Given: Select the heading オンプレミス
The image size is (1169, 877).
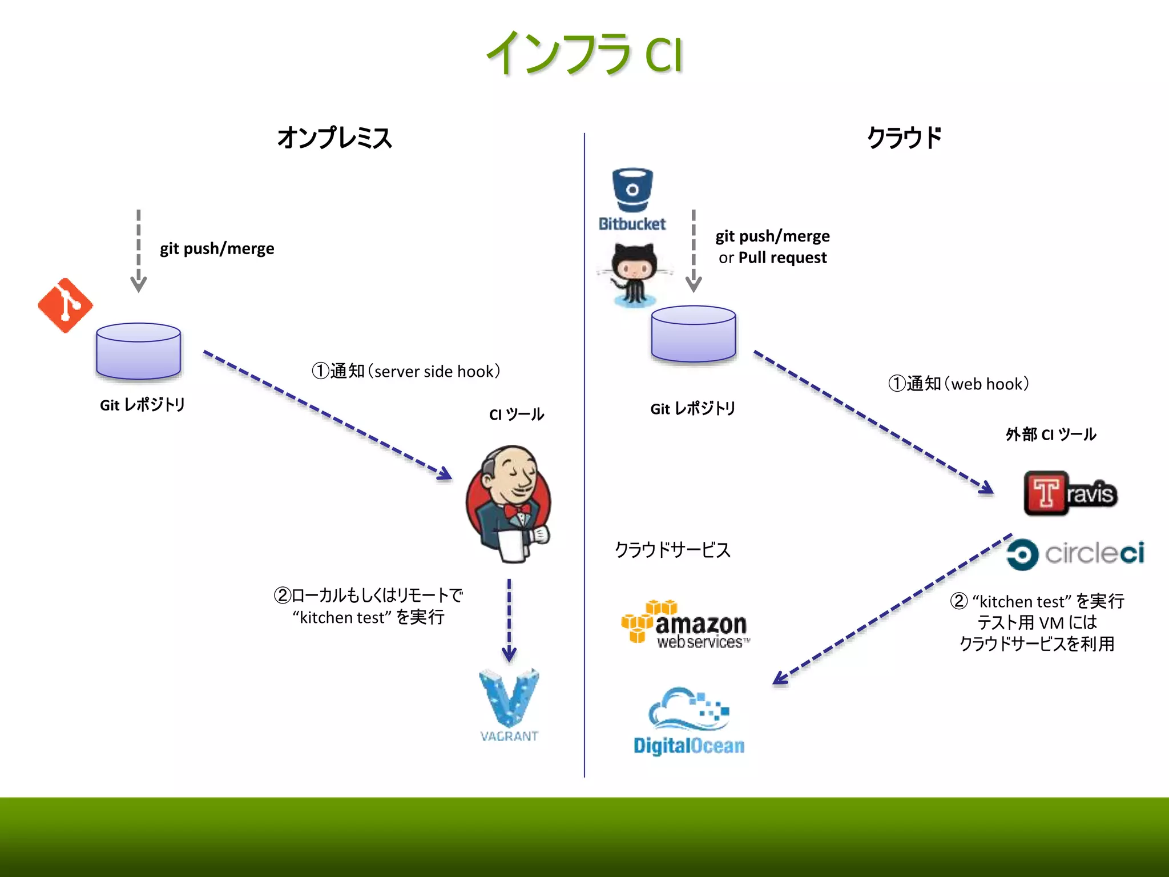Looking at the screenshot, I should click(334, 138).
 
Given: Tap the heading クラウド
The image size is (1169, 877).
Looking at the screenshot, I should click(904, 138).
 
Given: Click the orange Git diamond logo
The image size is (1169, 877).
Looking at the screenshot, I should click(65, 305).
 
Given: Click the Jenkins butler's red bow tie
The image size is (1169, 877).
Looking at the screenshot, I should click(517, 509).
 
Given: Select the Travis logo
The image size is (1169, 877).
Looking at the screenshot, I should click(1070, 493).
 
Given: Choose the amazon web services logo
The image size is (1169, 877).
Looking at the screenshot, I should click(685, 625).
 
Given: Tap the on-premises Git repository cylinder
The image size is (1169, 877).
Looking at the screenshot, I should click(139, 351).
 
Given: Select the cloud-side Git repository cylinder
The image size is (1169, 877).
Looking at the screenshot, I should click(694, 334).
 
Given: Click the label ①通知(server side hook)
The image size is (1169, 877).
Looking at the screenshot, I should click(406, 371).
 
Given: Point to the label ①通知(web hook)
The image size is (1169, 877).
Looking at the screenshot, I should click(958, 384).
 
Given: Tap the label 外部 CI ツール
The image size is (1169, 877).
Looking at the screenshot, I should click(1050, 435).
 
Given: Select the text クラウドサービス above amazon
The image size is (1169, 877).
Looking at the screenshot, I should click(672, 550).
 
